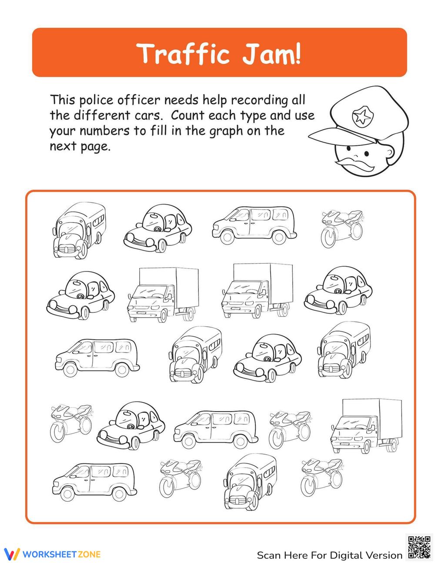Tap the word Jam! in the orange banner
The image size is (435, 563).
[271, 54]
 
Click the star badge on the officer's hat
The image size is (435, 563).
[361, 117]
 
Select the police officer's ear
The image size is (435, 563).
[390, 152]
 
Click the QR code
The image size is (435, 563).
[419, 547]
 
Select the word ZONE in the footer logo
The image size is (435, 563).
[89, 554]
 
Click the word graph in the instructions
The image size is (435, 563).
[227, 131]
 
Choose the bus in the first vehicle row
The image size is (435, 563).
[79, 230]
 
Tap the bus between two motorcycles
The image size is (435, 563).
[250, 481]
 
